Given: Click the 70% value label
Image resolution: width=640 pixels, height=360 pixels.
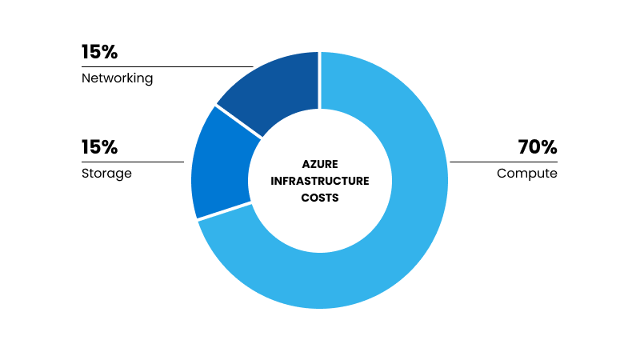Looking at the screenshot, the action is (538, 147).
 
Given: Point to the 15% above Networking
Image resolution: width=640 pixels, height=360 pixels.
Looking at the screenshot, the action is (99, 52).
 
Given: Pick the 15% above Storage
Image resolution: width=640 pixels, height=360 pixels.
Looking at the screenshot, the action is (99, 147).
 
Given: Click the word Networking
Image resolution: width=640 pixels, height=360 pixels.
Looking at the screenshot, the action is (117, 78).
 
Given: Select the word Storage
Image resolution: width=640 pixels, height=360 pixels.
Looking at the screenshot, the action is (106, 173).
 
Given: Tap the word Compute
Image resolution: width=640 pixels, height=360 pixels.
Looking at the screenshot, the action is (527, 173).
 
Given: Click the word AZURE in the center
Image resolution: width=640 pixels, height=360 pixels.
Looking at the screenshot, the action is (320, 164).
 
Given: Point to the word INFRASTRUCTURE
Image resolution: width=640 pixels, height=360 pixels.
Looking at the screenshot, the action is (320, 181).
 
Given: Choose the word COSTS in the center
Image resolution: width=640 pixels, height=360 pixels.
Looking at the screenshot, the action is (320, 198).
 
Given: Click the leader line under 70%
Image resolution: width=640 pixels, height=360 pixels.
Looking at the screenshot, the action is (504, 162).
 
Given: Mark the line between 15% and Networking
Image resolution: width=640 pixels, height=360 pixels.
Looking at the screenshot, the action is (167, 66).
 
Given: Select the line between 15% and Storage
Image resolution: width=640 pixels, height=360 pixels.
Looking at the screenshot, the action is (133, 162).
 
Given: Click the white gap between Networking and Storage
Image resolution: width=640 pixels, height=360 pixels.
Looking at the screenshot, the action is (238, 122).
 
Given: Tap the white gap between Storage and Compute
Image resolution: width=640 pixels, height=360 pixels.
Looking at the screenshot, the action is (224, 211).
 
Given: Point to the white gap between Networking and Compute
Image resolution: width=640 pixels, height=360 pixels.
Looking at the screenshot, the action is (319, 81).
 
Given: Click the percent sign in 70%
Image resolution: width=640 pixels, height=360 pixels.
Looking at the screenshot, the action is (550, 147).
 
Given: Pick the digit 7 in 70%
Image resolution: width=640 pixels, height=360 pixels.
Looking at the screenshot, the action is (524, 147).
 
